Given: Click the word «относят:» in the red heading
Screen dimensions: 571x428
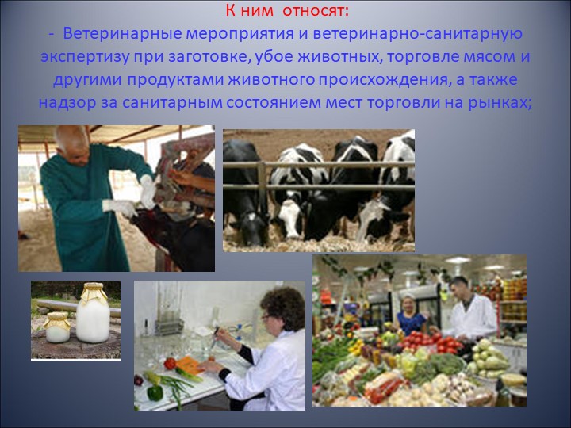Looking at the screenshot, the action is point(316,11).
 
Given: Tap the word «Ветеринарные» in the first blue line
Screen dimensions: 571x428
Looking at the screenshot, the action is point(122,34).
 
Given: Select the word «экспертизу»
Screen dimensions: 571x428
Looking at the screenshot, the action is point(85,58).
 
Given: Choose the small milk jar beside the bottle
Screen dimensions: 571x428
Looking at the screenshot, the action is point(57,327).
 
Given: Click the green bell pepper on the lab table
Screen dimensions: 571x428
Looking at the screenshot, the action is point(155,392).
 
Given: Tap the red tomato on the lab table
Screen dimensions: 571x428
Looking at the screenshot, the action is point(170,363).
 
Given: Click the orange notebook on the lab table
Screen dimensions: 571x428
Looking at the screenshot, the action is point(189,365).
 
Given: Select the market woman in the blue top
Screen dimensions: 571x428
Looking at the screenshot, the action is point(411,315).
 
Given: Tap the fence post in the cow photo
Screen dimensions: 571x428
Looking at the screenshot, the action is point(263,192).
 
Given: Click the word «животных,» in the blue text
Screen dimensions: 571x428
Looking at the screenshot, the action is point(339,58).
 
